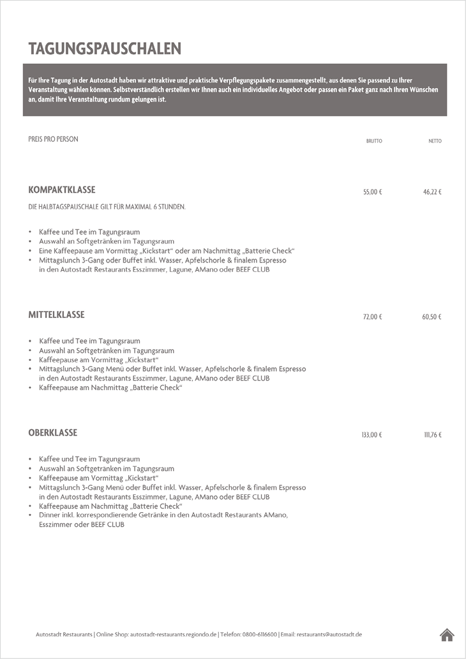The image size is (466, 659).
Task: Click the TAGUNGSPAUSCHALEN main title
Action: click(x=105, y=49)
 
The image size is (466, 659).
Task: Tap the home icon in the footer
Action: click(x=447, y=634)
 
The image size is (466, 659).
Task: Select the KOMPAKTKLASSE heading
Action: click(x=62, y=190)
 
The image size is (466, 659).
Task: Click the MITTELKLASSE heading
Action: click(x=56, y=315)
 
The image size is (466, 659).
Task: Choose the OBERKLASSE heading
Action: click(x=52, y=433)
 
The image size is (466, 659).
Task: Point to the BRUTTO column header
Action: click(x=373, y=141)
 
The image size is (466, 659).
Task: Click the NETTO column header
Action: click(x=435, y=141)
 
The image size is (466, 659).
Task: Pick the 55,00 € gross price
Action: click(x=372, y=192)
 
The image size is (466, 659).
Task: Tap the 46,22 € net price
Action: click(x=432, y=192)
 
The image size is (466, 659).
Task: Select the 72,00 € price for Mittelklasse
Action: click(x=372, y=317)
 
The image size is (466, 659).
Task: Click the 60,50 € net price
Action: click(x=432, y=317)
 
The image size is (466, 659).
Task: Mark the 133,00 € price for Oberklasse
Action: click(x=371, y=435)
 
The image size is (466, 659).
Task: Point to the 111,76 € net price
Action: click(x=432, y=435)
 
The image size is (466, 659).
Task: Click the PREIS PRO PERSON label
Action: click(x=53, y=139)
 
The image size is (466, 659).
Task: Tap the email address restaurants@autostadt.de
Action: click(x=329, y=635)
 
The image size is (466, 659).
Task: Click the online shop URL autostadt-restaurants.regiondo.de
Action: click(x=173, y=635)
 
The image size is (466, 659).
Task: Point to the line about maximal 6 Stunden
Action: click(x=107, y=207)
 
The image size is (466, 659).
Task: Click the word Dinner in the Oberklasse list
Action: click(x=50, y=515)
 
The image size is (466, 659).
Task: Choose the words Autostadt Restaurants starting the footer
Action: click(x=64, y=635)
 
